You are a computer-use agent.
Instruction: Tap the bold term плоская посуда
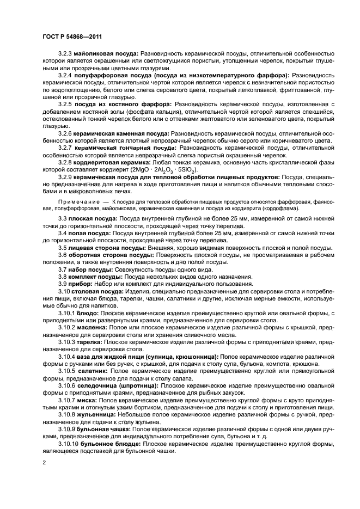(96, 218)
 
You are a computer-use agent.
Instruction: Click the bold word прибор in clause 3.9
(80, 284)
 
